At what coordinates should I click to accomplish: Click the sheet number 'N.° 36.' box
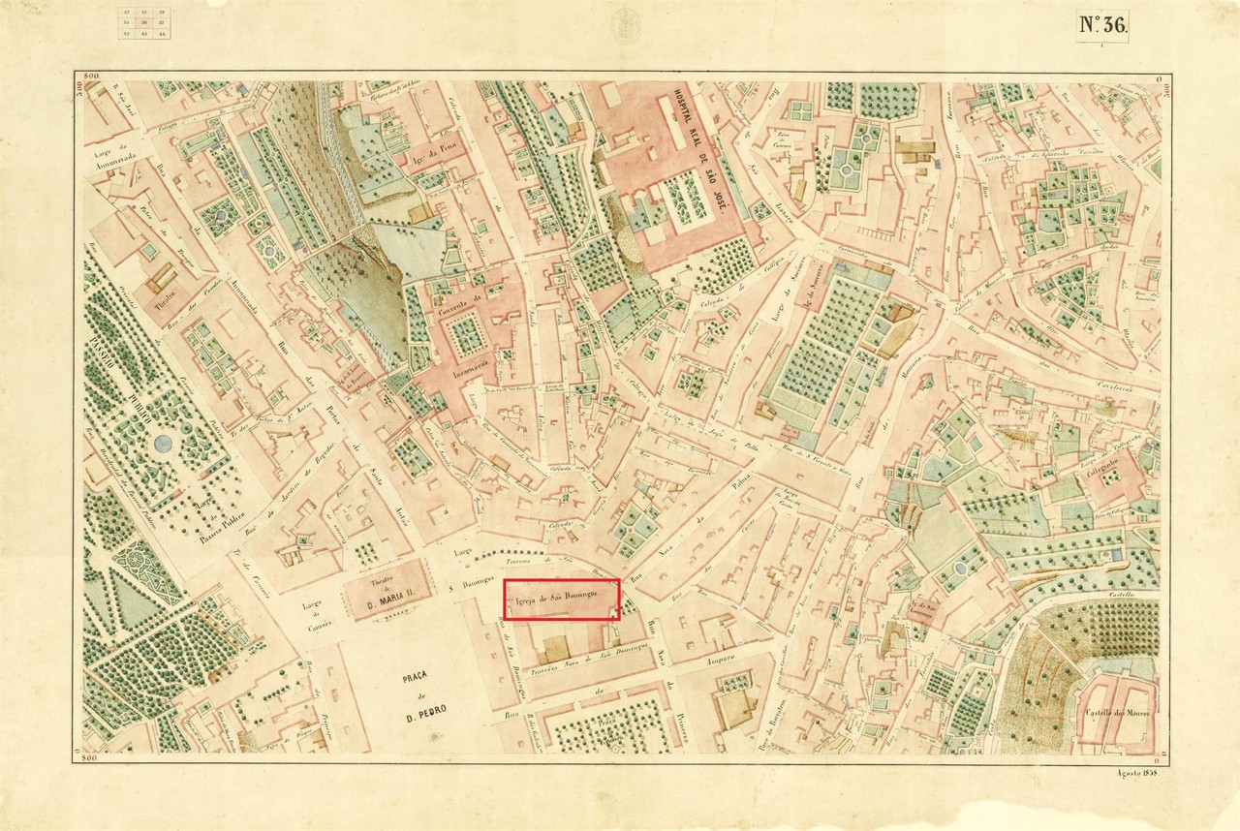[1101, 26]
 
